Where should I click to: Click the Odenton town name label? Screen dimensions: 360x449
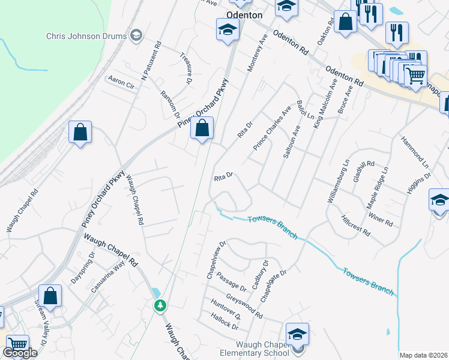(244, 15)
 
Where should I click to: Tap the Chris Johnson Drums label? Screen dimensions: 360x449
(86, 36)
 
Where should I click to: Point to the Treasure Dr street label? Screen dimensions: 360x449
(187, 67)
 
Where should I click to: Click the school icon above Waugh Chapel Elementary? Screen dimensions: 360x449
(298, 334)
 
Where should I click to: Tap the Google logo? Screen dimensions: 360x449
(20, 352)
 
